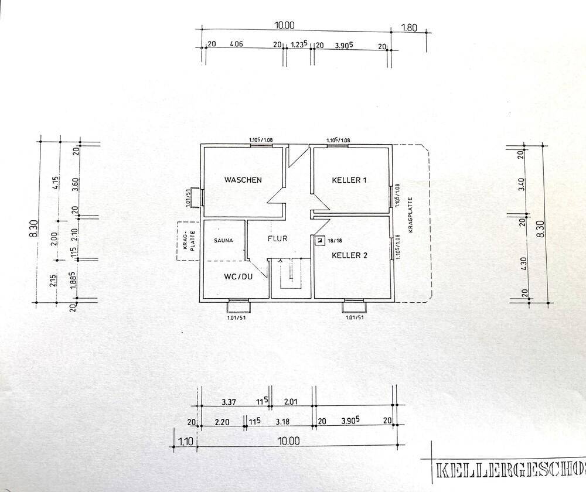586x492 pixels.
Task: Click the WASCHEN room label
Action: click(x=243, y=180)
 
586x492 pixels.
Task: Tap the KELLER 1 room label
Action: click(x=349, y=180)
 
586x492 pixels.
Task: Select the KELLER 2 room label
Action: click(x=349, y=255)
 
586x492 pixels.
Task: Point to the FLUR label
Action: click(x=277, y=239)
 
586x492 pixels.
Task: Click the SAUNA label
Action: click(x=223, y=240)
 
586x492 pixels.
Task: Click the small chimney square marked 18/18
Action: click(x=319, y=240)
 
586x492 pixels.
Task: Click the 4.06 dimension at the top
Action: click(x=237, y=44)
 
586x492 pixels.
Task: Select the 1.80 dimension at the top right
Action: click(x=408, y=26)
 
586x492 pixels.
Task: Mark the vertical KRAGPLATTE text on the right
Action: click(x=411, y=214)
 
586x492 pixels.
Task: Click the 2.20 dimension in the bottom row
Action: click(x=222, y=421)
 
